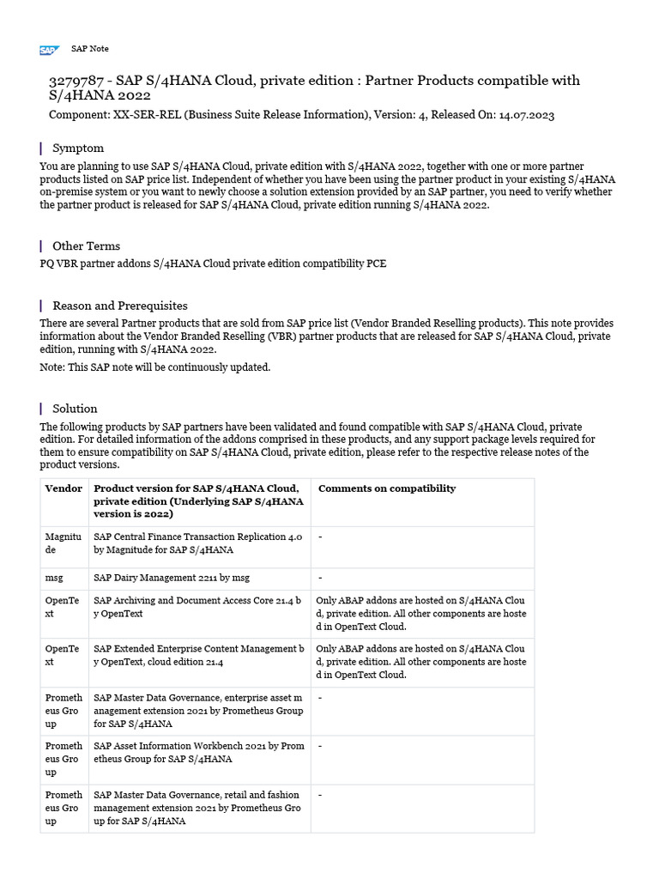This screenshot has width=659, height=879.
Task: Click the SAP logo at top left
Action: pos(48,50)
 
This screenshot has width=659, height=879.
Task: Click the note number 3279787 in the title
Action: pos(76,81)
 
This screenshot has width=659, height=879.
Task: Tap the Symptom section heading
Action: pos(78,149)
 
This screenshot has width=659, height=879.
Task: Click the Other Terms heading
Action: pos(86,246)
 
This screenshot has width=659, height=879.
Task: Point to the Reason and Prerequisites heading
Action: pos(119,306)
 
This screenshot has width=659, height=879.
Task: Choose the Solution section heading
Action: pos(75,409)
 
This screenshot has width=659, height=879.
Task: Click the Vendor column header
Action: pos(63,488)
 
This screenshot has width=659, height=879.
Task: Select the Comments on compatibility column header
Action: pos(387,488)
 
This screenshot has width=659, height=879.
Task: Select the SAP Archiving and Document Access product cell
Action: pos(198,608)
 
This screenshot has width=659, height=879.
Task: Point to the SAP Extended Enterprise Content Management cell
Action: pos(198,656)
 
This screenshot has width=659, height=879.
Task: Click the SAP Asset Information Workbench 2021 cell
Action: pos(198,752)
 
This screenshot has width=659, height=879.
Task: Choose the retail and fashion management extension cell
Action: pos(198,808)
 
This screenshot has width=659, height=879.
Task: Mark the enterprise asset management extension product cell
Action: pos(198,711)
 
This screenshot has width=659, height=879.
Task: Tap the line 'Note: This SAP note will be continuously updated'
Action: pos(155,367)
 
